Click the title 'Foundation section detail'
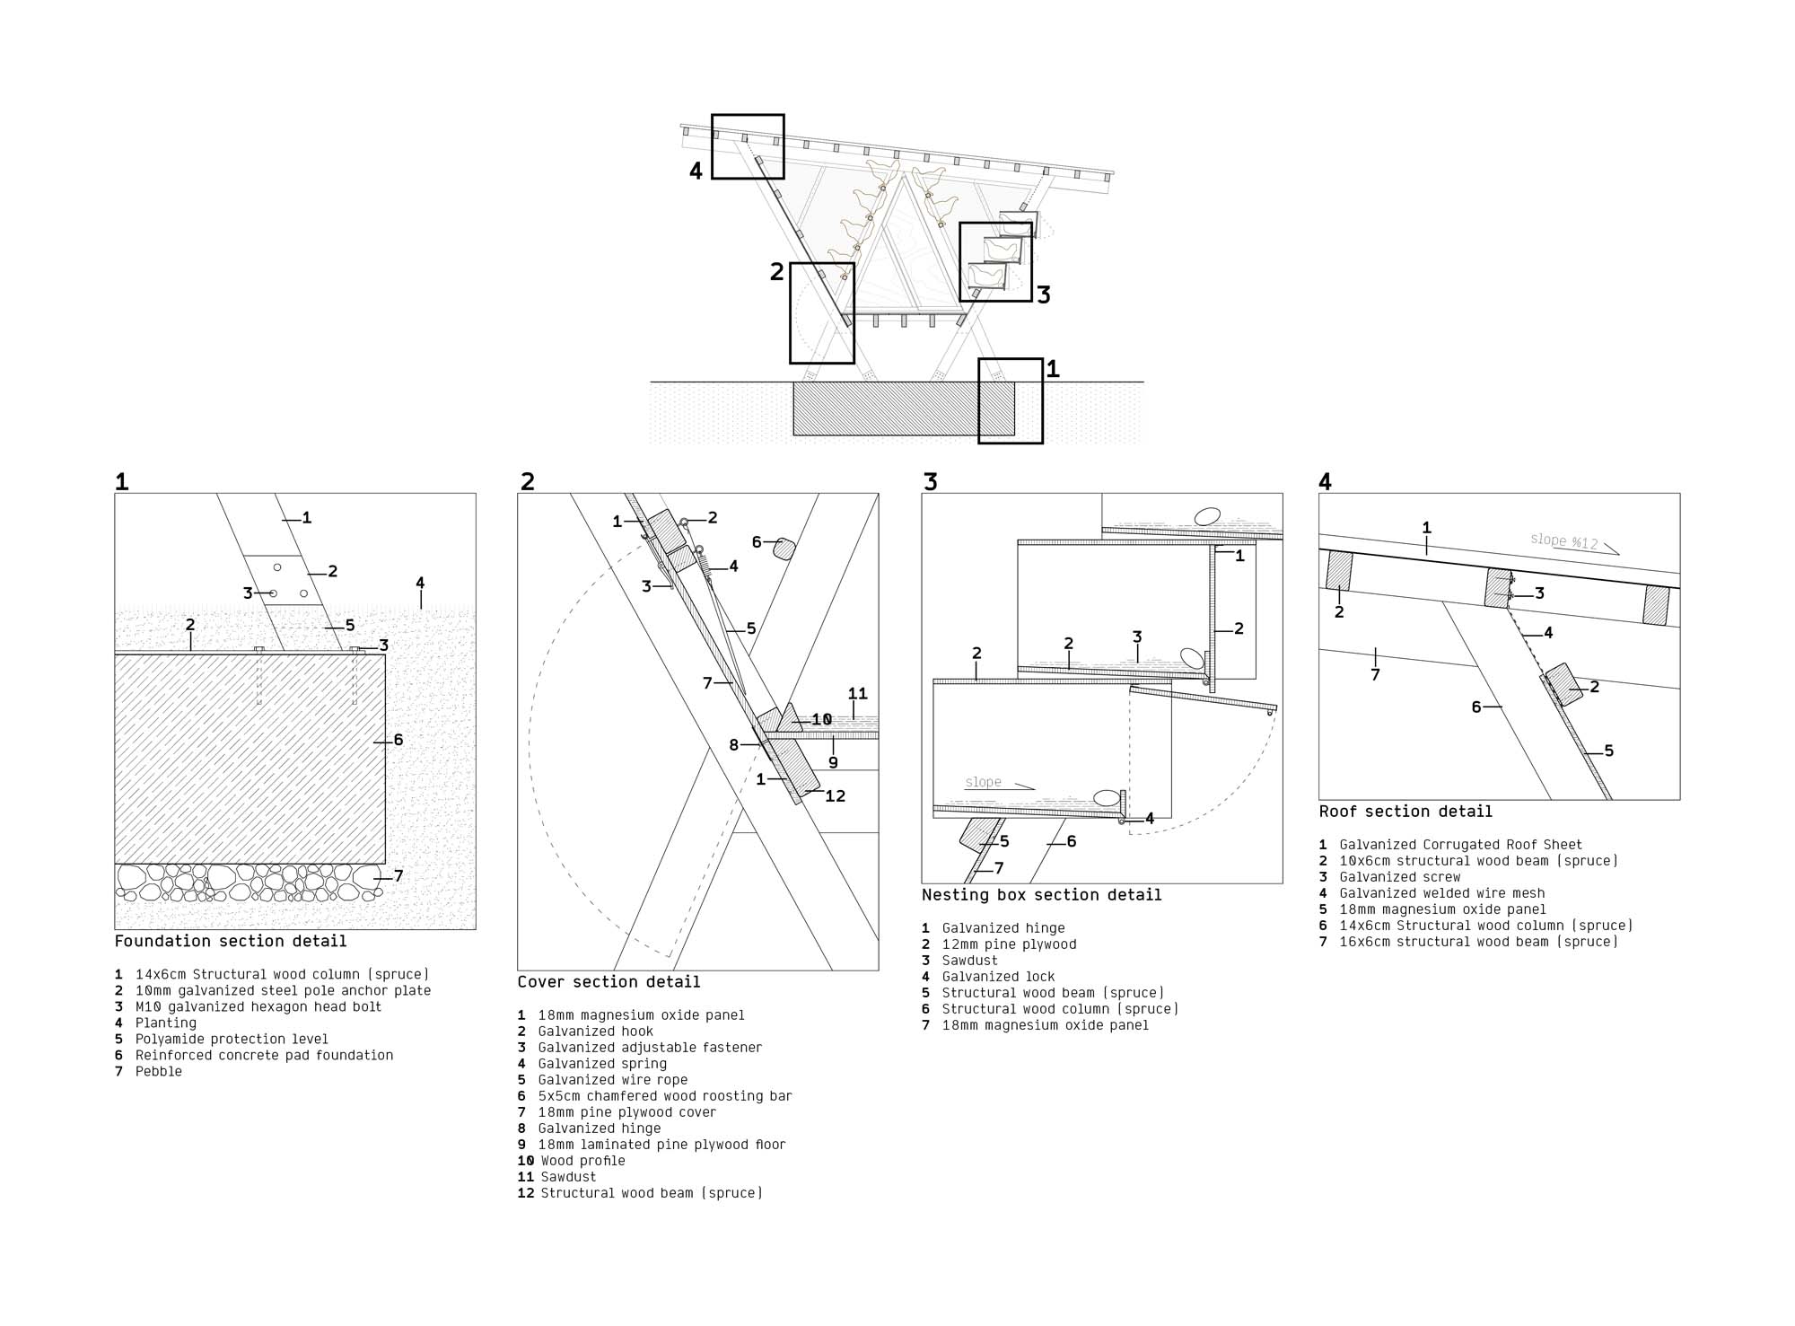tap(231, 941)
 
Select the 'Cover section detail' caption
tap(609, 982)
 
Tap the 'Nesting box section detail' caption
tap(1041, 895)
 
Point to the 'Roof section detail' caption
tap(1405, 812)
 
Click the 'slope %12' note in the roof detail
tap(1564, 541)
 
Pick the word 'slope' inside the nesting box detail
tap(983, 782)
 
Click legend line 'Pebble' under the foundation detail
tap(158, 1071)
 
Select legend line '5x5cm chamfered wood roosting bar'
tap(664, 1096)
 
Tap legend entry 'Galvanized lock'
tap(998, 977)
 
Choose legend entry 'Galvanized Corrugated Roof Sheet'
tap(1460, 845)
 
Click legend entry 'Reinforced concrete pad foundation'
tap(264, 1055)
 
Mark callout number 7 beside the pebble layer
tap(398, 876)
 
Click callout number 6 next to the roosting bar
tap(757, 542)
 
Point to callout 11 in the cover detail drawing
tap(857, 693)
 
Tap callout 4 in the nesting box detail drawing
tap(1150, 819)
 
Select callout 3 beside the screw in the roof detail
tap(1539, 593)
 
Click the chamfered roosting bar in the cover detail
tap(784, 548)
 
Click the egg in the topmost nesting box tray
tap(1207, 516)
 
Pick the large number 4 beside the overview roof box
tap(696, 171)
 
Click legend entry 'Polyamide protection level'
tap(232, 1039)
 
